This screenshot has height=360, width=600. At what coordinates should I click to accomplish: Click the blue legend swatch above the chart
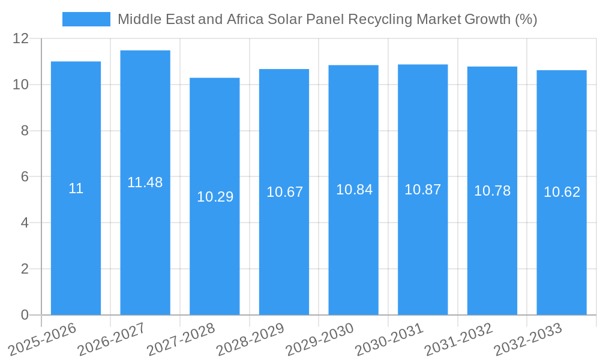(86, 19)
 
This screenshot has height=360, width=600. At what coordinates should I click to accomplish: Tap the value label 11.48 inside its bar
(145, 182)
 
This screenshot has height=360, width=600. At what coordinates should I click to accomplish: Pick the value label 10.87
(422, 190)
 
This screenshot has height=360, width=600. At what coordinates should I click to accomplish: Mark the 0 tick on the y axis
(25, 315)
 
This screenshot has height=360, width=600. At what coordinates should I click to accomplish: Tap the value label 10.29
(215, 197)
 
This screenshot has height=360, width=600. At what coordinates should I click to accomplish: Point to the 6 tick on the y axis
(25, 177)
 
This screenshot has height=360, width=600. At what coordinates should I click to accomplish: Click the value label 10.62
(562, 192)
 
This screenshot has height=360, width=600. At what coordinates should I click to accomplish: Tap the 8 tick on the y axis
(25, 131)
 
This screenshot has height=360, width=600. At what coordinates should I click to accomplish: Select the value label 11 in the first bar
(76, 188)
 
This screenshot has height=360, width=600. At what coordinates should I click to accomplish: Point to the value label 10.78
(492, 191)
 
